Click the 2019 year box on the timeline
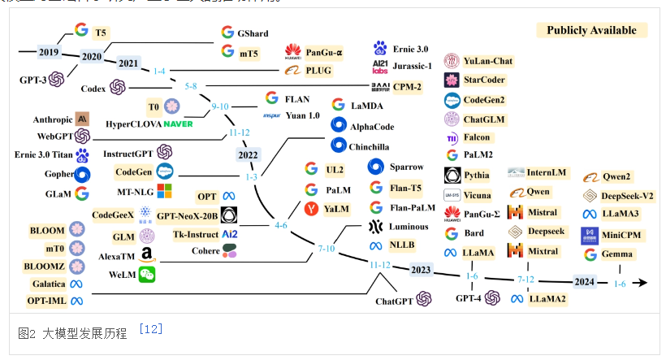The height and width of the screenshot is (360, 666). tap(49, 52)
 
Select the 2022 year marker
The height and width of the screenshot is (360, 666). tap(248, 154)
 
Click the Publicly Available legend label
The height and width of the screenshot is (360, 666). tap(591, 30)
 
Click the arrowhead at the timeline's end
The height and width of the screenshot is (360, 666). tap(641, 283)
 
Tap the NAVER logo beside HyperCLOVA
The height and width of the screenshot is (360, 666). tap(178, 124)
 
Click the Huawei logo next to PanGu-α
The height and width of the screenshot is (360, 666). tap(292, 53)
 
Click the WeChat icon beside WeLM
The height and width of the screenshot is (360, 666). tap(146, 275)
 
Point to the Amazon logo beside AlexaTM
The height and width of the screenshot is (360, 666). tap(146, 255)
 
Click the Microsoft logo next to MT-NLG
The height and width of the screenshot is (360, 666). tap(165, 192)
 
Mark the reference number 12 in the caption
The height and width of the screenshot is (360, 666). tap(150, 328)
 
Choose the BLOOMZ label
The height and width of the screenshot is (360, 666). tap(47, 266)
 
